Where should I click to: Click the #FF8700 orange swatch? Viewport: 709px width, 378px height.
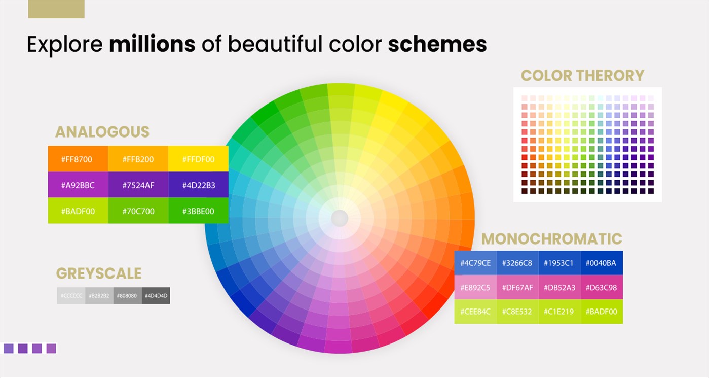(78, 159)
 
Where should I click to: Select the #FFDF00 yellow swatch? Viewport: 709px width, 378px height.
(198, 159)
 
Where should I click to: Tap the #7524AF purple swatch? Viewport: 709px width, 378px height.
(138, 185)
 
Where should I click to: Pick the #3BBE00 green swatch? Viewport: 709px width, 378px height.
(198, 211)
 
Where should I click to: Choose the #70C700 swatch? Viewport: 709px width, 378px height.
(138, 211)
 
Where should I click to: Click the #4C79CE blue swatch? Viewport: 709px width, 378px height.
(475, 263)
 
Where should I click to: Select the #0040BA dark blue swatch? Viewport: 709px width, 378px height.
(602, 263)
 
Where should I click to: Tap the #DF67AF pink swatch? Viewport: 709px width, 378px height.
(517, 287)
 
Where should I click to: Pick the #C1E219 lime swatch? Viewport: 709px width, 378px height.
(559, 312)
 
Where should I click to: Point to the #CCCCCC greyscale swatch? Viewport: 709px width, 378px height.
(71, 295)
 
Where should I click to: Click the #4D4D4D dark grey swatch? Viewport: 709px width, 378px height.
(156, 295)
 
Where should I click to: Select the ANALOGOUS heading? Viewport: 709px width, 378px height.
(102, 132)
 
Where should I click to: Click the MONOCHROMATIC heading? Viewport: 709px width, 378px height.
(551, 239)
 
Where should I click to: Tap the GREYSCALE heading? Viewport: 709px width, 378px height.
(98, 273)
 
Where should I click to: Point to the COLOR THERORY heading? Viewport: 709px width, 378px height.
(582, 76)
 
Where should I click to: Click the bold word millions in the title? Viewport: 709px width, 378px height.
(152, 45)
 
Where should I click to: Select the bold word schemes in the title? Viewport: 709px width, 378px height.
(437, 45)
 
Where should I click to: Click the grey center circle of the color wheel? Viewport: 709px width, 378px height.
(340, 219)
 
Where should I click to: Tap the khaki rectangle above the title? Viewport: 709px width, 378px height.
(56, 9)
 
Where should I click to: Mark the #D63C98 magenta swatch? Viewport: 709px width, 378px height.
(602, 287)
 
